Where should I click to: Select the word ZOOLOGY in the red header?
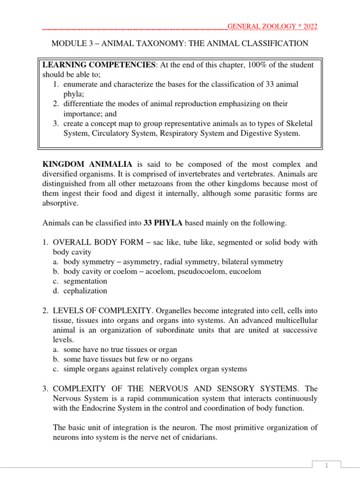pyautogui.click(x=272, y=26)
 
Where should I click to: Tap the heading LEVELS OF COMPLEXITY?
pyautogui.click(x=100, y=310)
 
